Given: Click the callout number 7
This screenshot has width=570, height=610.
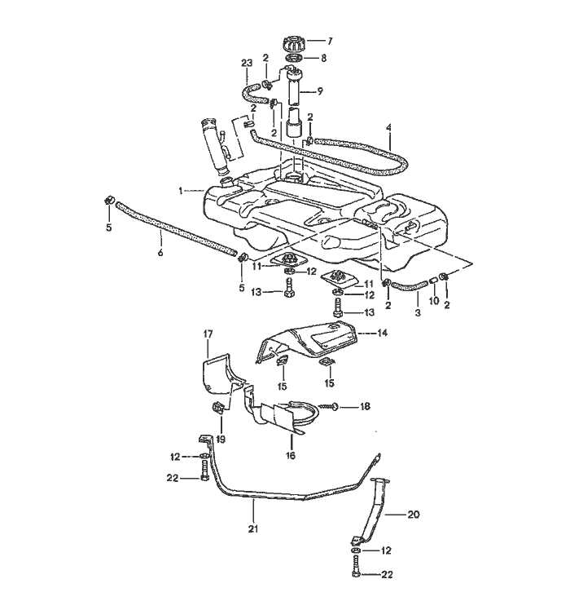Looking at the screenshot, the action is (331, 41).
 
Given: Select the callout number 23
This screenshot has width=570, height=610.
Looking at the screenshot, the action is (247, 63).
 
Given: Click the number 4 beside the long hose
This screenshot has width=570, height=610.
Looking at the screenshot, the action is (389, 127).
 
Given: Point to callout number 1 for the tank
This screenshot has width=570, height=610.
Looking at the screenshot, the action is (181, 191).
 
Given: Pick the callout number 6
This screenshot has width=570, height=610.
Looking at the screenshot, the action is (160, 253).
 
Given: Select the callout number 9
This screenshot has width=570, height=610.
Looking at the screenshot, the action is (320, 91).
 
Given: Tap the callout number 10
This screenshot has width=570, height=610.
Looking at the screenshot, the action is (434, 301).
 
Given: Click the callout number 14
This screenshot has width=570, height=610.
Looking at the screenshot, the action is (382, 333).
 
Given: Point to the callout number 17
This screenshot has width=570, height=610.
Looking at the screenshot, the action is (208, 334).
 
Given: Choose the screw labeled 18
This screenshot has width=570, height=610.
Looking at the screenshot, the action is (329, 407).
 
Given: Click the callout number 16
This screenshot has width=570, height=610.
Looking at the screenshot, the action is (291, 455).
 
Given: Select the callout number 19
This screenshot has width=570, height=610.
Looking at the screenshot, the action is (221, 440).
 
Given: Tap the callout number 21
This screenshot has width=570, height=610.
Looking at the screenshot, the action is (253, 529).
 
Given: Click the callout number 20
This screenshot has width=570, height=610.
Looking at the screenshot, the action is (414, 515).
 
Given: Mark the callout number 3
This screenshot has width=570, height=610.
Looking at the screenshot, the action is (418, 312).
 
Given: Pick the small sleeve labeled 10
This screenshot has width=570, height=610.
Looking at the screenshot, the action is (433, 281).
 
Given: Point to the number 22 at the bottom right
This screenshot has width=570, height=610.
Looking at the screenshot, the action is (387, 574).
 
